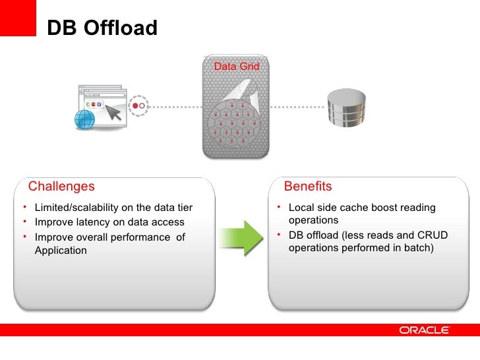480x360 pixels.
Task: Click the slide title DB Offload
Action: [x=102, y=28]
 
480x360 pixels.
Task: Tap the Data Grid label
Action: [x=237, y=67]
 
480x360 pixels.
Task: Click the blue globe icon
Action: [x=85, y=119]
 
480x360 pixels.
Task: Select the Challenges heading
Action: [x=61, y=187]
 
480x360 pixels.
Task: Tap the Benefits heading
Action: [x=307, y=187]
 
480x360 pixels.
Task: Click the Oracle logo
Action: [x=424, y=330]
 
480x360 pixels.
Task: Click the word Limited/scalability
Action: [x=71, y=208]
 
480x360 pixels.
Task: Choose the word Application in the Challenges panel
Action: [x=61, y=251]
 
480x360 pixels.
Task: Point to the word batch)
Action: [x=415, y=249]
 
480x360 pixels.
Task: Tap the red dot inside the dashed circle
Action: [x=135, y=105]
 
